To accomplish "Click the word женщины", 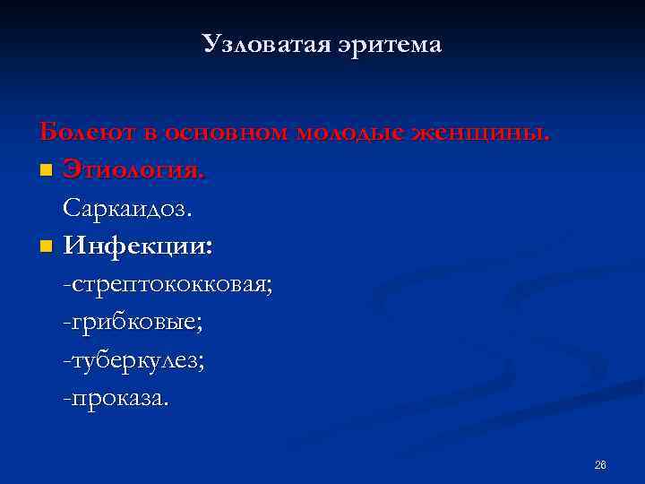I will (481, 134).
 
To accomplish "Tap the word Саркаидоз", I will (127, 208).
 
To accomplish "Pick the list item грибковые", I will (137, 322).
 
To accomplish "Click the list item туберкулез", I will (138, 359).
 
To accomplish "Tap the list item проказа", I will (118, 397).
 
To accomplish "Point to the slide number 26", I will (600, 464).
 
